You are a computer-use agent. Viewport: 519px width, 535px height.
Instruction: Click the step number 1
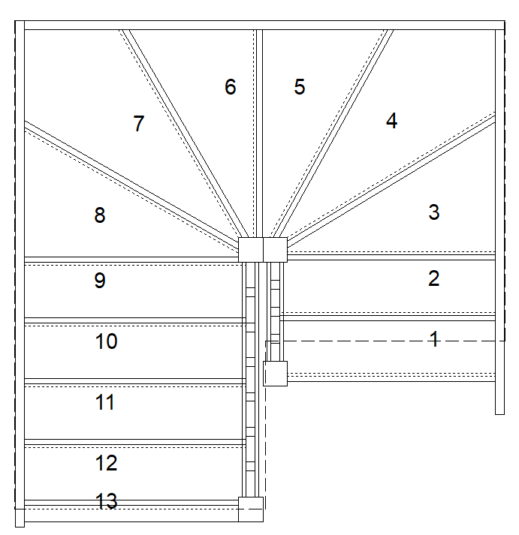(x=434, y=339)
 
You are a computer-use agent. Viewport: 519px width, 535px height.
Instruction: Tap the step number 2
(x=433, y=278)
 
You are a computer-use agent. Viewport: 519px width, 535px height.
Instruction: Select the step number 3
(x=434, y=212)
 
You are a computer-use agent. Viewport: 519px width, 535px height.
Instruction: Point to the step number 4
(x=391, y=121)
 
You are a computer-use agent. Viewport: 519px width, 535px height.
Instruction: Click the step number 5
(x=300, y=86)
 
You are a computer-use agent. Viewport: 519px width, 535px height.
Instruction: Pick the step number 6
(x=231, y=86)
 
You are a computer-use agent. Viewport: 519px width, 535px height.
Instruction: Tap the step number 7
(x=138, y=123)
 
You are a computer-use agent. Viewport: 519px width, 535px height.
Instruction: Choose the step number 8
(x=100, y=215)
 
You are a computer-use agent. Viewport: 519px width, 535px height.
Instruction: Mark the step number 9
(x=100, y=281)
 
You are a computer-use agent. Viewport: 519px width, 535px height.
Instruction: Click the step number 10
(x=106, y=341)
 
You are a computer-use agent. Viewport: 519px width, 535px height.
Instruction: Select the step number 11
(x=105, y=402)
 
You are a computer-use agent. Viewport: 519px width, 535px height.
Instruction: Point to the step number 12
(x=106, y=463)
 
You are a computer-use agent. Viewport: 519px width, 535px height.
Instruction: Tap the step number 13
(x=106, y=501)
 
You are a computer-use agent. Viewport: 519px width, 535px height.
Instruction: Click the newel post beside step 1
(x=275, y=374)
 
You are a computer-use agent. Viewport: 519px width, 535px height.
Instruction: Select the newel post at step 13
(x=251, y=509)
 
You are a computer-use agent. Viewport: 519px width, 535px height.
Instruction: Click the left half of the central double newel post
(x=251, y=250)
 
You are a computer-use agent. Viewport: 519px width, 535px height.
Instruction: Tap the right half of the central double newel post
(x=275, y=250)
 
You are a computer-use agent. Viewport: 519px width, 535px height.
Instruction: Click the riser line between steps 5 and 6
(x=260, y=134)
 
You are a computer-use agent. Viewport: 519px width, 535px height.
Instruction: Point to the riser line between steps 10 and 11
(x=135, y=381)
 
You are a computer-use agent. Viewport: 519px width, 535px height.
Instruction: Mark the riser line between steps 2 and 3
(x=391, y=257)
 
